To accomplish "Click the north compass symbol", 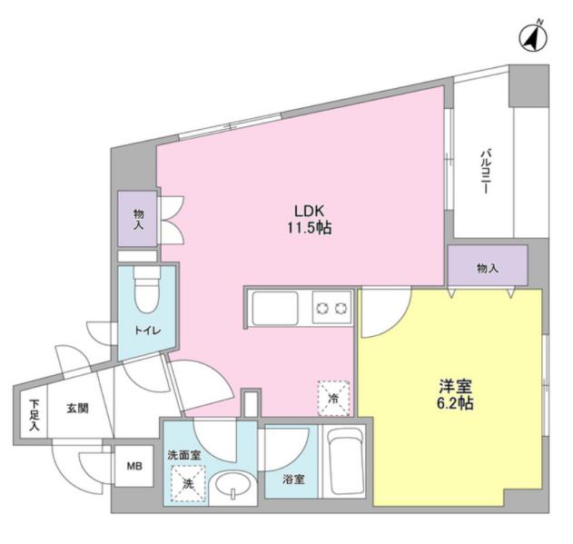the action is click(x=533, y=38).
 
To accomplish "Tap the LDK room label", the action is click(x=310, y=211).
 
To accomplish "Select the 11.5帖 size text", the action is click(x=309, y=228).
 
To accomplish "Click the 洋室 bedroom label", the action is click(x=455, y=386).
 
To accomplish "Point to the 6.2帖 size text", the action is click(x=455, y=403).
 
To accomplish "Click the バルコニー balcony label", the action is click(x=485, y=171).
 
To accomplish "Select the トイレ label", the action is click(x=148, y=331).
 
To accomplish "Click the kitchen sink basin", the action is click(x=275, y=308).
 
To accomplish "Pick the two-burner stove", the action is click(x=331, y=308).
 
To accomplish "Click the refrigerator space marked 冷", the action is click(x=333, y=399).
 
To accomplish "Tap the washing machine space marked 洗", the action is click(x=188, y=484).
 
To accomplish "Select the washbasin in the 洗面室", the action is click(x=232, y=484).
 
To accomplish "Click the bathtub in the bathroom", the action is click(x=345, y=461).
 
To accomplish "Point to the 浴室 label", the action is click(x=293, y=480).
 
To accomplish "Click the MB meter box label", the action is click(x=134, y=466).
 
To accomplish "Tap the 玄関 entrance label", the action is click(x=77, y=409).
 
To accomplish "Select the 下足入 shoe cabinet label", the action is click(x=34, y=415).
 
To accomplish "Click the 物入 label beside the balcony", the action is click(x=488, y=269).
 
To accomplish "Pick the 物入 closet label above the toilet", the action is click(x=139, y=219).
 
